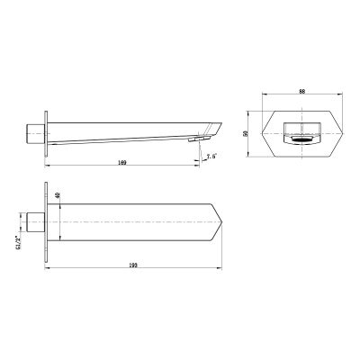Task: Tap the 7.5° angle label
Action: click(x=211, y=157)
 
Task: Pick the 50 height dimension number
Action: click(x=246, y=132)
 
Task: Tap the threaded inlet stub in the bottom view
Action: click(x=35, y=220)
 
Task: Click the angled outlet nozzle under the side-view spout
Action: click(x=194, y=139)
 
